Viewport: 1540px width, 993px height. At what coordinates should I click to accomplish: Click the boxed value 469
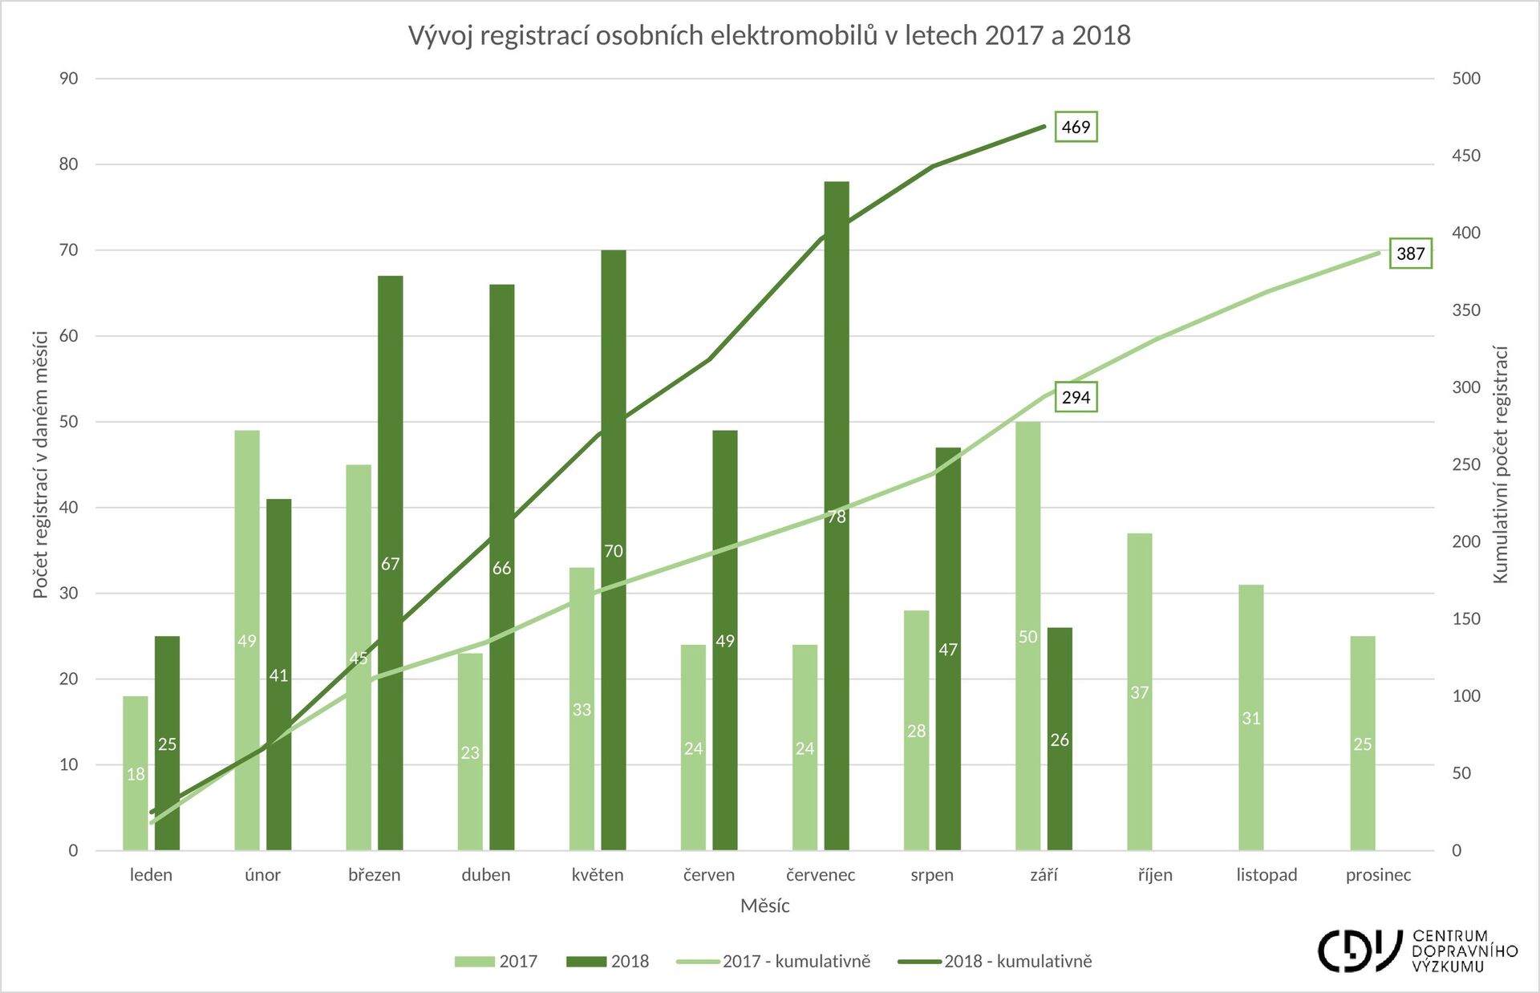[1076, 127]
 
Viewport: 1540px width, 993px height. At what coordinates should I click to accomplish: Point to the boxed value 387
[1410, 254]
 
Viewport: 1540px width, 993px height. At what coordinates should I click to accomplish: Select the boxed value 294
[1076, 397]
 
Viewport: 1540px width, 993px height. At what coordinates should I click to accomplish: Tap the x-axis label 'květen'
[598, 874]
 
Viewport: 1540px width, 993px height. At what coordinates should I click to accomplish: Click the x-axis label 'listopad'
[1266, 874]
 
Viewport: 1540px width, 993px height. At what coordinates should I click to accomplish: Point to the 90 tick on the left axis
[69, 79]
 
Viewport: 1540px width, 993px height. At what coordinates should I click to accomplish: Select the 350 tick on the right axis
[1465, 310]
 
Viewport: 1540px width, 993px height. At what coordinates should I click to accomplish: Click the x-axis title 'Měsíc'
[764, 906]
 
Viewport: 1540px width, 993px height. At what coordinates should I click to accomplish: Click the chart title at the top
[769, 35]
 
